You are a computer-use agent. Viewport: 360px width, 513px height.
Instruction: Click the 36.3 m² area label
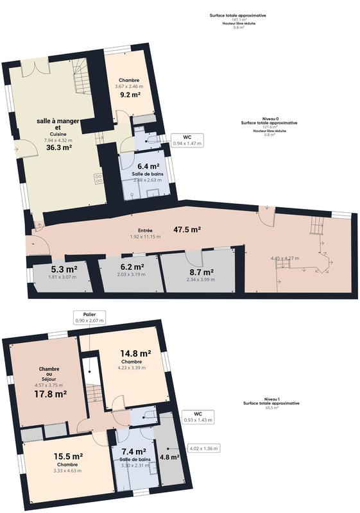click(58, 147)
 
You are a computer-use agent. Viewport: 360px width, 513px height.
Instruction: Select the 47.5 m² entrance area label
click(187, 229)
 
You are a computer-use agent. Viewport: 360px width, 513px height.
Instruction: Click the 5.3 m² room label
click(64, 269)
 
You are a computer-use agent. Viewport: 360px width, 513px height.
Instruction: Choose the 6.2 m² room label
click(132, 267)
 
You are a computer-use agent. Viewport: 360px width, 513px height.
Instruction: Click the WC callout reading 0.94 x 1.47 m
click(187, 140)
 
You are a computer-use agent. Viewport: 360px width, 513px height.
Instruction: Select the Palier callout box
click(89, 317)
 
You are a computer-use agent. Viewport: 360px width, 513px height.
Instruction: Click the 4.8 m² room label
click(168, 457)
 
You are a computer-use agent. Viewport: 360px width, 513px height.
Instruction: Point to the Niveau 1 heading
click(270, 399)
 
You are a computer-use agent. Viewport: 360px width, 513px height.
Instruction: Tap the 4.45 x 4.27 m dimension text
click(285, 258)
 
